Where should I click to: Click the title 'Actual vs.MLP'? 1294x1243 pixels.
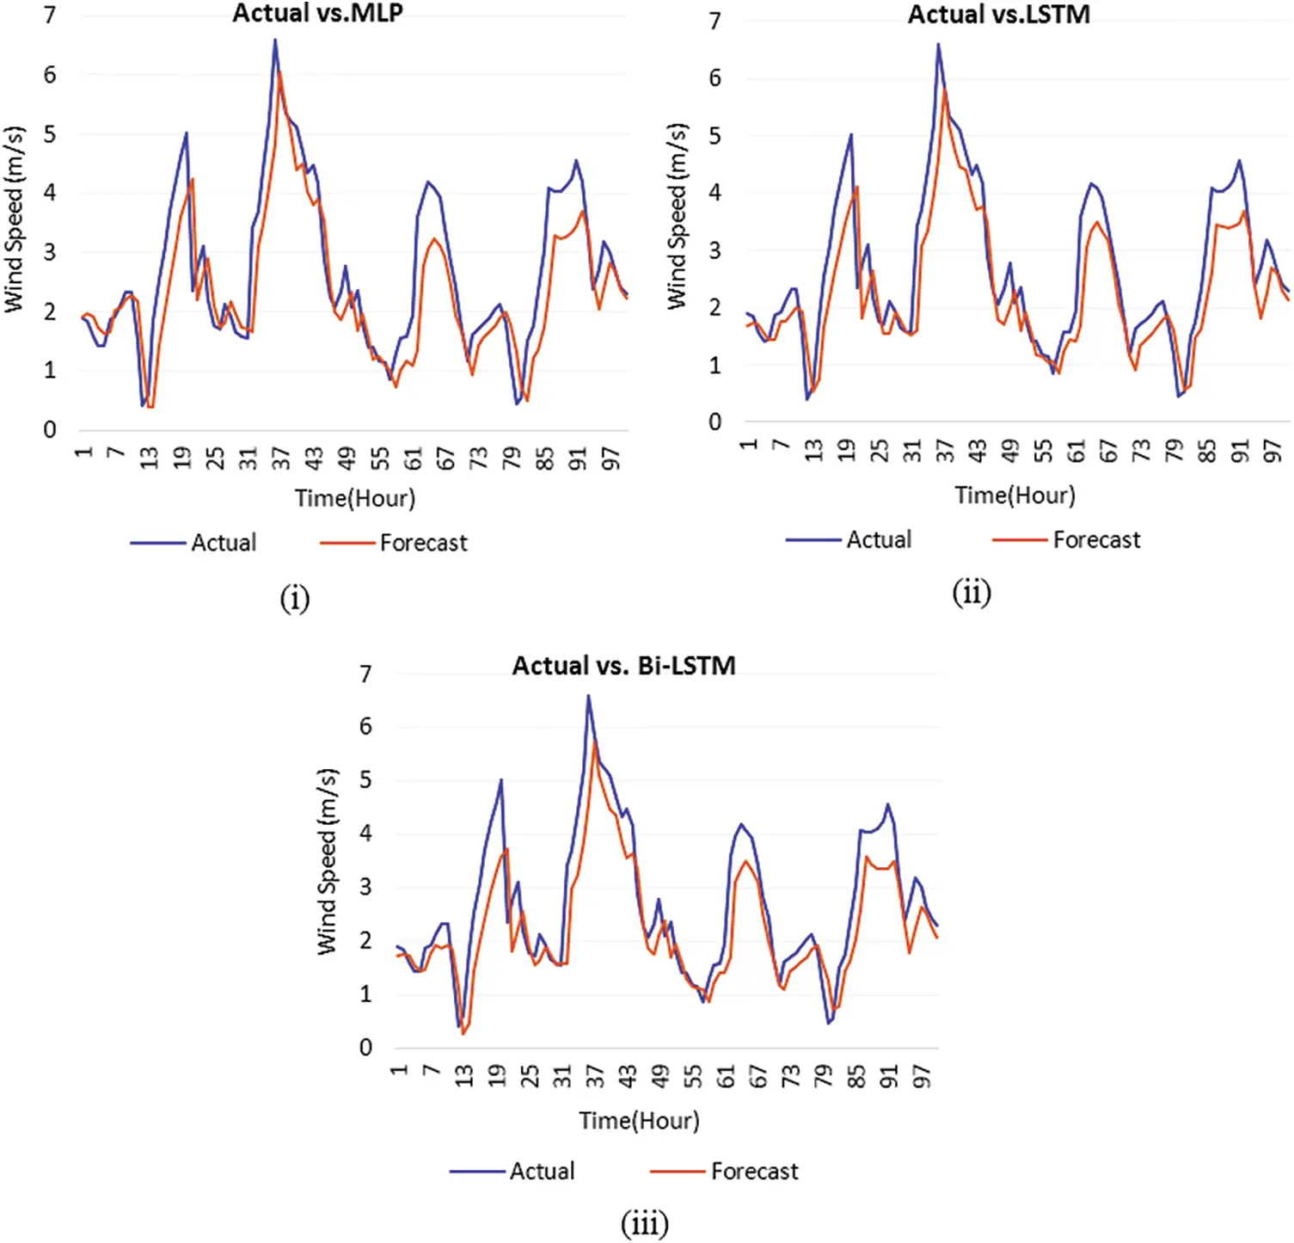coord(317,14)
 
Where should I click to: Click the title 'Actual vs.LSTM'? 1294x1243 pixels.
coord(998,15)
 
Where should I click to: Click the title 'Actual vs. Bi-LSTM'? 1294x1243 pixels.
coord(623,666)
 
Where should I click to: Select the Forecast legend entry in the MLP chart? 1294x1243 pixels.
coord(423,543)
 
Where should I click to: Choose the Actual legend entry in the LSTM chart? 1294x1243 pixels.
coord(878,539)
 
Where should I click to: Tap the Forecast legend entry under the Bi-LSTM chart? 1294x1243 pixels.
coord(754,1171)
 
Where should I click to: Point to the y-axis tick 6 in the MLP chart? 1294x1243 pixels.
coord(50,75)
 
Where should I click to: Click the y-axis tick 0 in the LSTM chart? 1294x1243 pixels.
coord(714,422)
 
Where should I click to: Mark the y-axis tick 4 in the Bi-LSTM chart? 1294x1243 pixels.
coord(365,834)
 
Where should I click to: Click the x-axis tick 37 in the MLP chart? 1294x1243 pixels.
coord(281,458)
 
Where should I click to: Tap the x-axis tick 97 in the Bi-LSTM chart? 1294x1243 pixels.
coord(921,1076)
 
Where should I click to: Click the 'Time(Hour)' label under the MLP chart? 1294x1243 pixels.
coord(354,498)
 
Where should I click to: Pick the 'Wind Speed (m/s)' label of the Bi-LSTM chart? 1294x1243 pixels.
coord(327,861)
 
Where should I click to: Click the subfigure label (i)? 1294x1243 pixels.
coord(294,598)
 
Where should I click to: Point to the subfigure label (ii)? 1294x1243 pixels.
coord(971,593)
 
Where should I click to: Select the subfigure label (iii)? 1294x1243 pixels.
coord(644,1223)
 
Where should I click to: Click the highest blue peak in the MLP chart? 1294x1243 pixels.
coord(275,40)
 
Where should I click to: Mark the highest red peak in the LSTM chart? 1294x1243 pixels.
coord(944,89)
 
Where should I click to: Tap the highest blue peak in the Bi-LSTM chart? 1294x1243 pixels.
coord(588,696)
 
